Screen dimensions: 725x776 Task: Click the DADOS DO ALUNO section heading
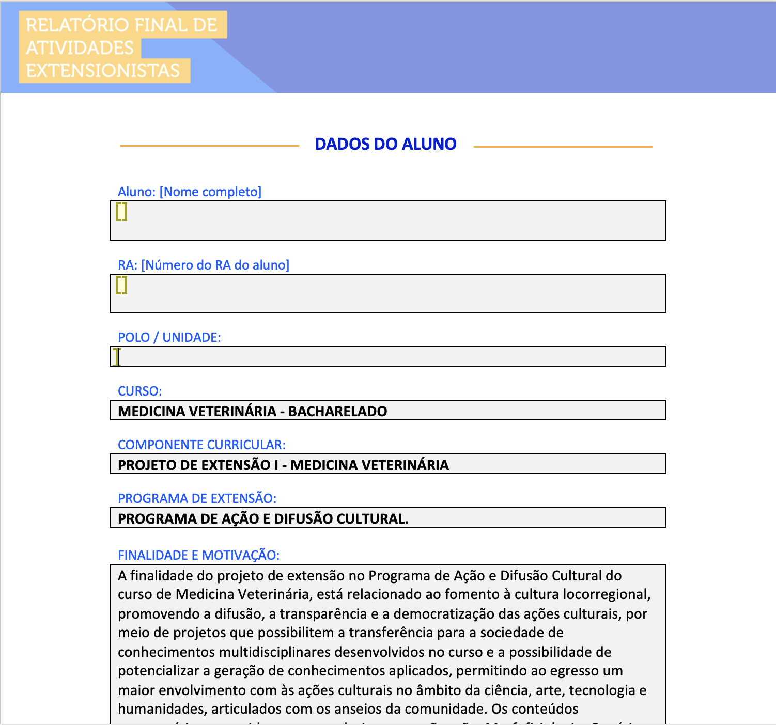point(385,144)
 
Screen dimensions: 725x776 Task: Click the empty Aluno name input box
point(387,221)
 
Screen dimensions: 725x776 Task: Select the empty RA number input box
point(387,294)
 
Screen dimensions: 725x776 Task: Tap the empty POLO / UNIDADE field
point(387,357)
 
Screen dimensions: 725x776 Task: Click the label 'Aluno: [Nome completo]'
point(190,192)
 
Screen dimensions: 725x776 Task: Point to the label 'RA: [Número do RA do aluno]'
point(204,265)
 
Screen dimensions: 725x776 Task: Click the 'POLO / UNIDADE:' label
point(169,338)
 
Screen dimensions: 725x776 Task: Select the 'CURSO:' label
point(139,391)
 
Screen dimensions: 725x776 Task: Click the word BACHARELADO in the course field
point(337,412)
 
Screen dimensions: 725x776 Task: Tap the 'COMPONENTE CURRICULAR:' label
point(201,445)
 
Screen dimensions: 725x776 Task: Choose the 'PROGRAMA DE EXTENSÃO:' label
point(197,499)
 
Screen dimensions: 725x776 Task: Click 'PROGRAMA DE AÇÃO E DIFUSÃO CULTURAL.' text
point(263,519)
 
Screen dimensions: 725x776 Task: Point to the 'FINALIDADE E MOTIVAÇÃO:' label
point(198,556)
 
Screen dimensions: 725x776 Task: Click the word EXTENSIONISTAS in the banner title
point(103,71)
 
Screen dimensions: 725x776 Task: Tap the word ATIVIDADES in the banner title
point(80,48)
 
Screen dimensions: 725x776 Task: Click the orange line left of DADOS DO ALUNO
point(209,146)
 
